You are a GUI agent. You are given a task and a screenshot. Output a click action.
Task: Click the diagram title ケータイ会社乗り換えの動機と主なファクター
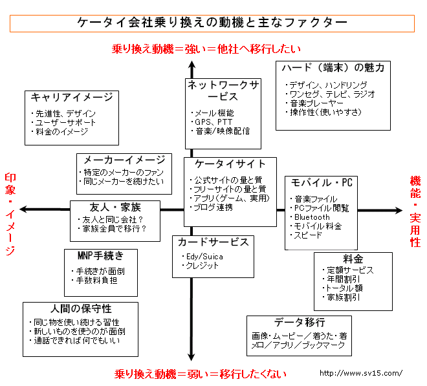212,22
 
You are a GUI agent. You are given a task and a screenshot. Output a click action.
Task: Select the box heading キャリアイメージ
71,97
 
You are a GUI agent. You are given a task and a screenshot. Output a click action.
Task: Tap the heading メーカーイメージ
124,160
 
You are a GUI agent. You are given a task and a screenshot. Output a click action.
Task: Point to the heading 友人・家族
115,207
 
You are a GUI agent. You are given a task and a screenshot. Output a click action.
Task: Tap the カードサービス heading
213,242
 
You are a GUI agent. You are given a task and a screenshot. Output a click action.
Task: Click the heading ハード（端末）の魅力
333,68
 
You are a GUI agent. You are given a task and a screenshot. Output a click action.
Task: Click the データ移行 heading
299,322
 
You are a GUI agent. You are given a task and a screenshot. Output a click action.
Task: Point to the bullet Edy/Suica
201,256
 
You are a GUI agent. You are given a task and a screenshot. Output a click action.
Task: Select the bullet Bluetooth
312,217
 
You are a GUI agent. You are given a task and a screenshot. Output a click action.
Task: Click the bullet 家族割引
343,297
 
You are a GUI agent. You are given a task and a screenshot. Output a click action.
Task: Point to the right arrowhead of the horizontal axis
399,209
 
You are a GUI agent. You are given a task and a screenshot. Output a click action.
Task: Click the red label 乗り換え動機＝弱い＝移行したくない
200,374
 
